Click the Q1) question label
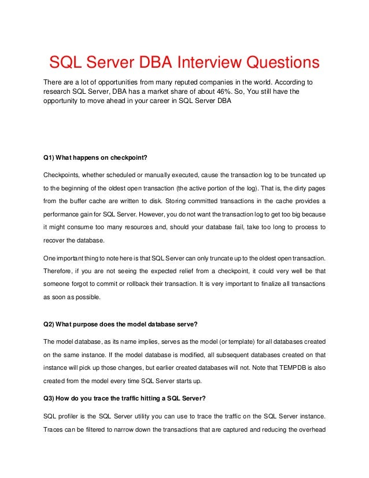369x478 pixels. pyautogui.click(x=50, y=156)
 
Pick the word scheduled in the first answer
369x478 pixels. pyautogui.click(x=123, y=175)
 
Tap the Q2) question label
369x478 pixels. pyautogui.click(x=50, y=323)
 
